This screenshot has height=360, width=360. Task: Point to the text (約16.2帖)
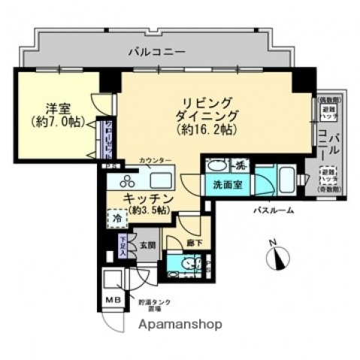click(205, 130)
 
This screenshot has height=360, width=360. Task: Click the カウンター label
click(156, 161)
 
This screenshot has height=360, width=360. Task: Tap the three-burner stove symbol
click(126, 180)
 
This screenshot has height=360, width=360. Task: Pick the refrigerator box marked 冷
click(119, 218)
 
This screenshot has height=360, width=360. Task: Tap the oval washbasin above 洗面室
click(216, 165)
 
